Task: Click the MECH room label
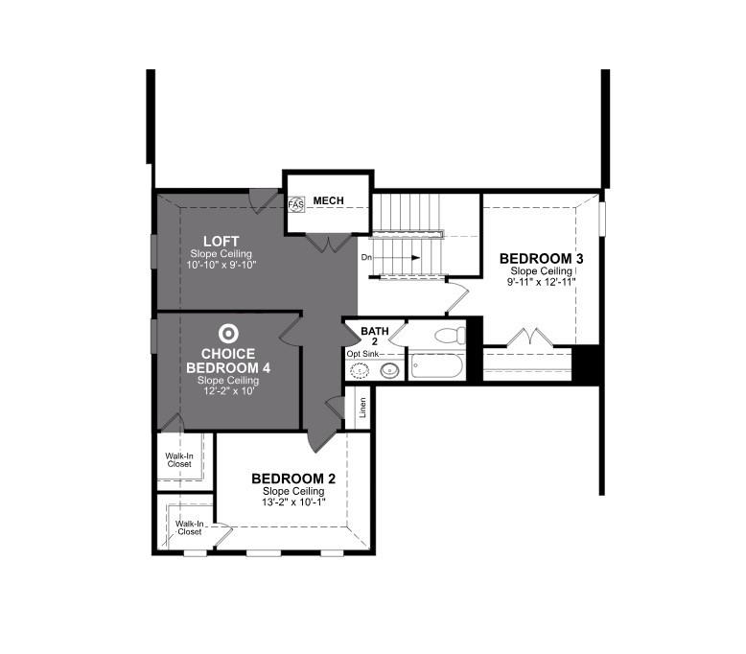tap(328, 200)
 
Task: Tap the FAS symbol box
tap(295, 204)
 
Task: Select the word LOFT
tap(221, 241)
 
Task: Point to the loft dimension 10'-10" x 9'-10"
tap(221, 264)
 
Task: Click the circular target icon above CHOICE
tap(227, 334)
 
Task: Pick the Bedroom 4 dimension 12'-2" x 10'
tap(227, 391)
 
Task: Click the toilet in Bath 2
tap(448, 336)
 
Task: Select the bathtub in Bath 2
tap(436, 367)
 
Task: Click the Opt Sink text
tap(363, 354)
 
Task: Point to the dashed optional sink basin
tap(361, 370)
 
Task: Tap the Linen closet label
tap(362, 409)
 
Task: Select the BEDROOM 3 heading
tap(542, 259)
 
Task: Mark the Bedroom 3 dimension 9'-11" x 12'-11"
tap(542, 282)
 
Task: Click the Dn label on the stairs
tap(367, 258)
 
